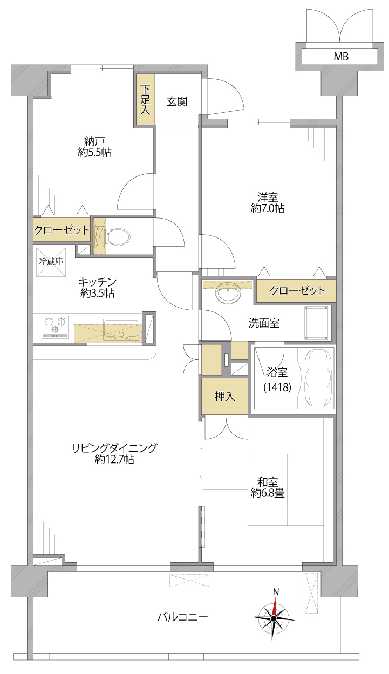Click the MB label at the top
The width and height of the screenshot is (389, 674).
click(341, 56)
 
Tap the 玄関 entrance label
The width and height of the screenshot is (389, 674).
click(177, 101)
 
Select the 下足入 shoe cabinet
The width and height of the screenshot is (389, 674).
click(145, 99)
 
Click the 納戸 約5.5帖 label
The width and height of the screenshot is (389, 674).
click(94, 147)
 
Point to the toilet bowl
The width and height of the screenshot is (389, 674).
click(118, 237)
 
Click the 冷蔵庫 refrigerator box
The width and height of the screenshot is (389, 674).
click(51, 262)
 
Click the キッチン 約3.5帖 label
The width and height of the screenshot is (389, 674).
click(98, 287)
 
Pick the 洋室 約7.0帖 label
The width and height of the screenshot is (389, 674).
click(268, 203)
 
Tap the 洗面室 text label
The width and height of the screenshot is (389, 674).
click(264, 323)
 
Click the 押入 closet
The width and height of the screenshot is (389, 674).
click(225, 396)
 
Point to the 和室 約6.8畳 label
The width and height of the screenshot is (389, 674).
click(268, 487)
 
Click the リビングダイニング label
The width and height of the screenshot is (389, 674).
click(114, 448)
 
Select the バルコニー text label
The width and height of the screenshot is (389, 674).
click(182, 618)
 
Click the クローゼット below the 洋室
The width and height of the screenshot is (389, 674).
click(296, 291)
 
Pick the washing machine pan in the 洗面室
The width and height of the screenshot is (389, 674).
click(316, 323)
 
